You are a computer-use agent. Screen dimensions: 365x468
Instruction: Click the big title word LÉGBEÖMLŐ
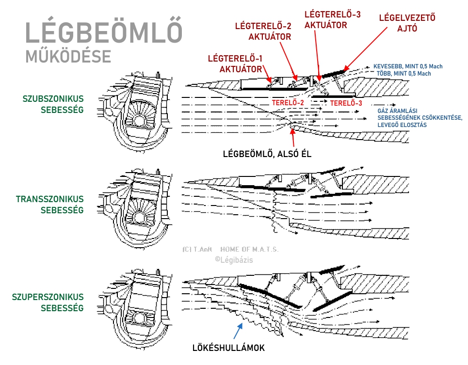(104, 32)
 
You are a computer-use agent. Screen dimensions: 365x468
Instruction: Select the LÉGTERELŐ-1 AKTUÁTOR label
(235, 64)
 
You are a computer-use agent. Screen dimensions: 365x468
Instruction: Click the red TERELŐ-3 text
(346, 103)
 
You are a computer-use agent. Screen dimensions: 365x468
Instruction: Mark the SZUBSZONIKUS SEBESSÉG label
(53, 104)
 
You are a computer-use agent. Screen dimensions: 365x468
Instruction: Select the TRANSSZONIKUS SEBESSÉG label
(50, 205)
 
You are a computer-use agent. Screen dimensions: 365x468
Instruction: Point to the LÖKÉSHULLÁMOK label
(229, 348)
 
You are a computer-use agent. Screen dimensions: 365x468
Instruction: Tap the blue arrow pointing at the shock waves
(238, 332)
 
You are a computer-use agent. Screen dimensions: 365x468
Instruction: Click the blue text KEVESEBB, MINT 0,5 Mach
(407, 66)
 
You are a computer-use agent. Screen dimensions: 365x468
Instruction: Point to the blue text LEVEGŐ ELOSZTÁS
(402, 125)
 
